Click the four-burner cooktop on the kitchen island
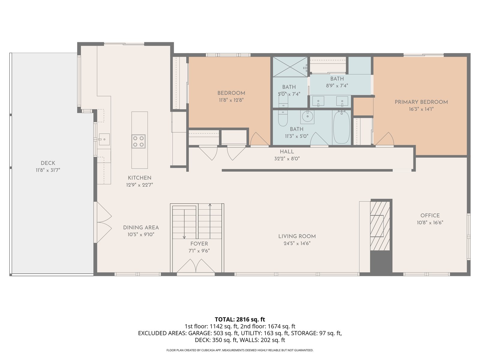coord(138,141)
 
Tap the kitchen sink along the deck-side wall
coord(104,139)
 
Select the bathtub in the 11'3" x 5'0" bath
coord(341,127)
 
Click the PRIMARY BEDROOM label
coord(421,102)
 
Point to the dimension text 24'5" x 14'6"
coord(297,243)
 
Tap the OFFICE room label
coord(430,215)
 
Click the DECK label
coord(48,163)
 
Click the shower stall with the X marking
coord(290,67)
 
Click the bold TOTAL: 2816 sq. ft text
coord(240,319)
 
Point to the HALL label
coord(287,151)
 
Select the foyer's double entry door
coord(196,266)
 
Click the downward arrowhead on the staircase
coord(184,237)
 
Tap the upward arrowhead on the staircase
coord(210,205)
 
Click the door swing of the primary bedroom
coord(385,139)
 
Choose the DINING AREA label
coord(141,227)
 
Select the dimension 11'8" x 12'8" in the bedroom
coord(231,100)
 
